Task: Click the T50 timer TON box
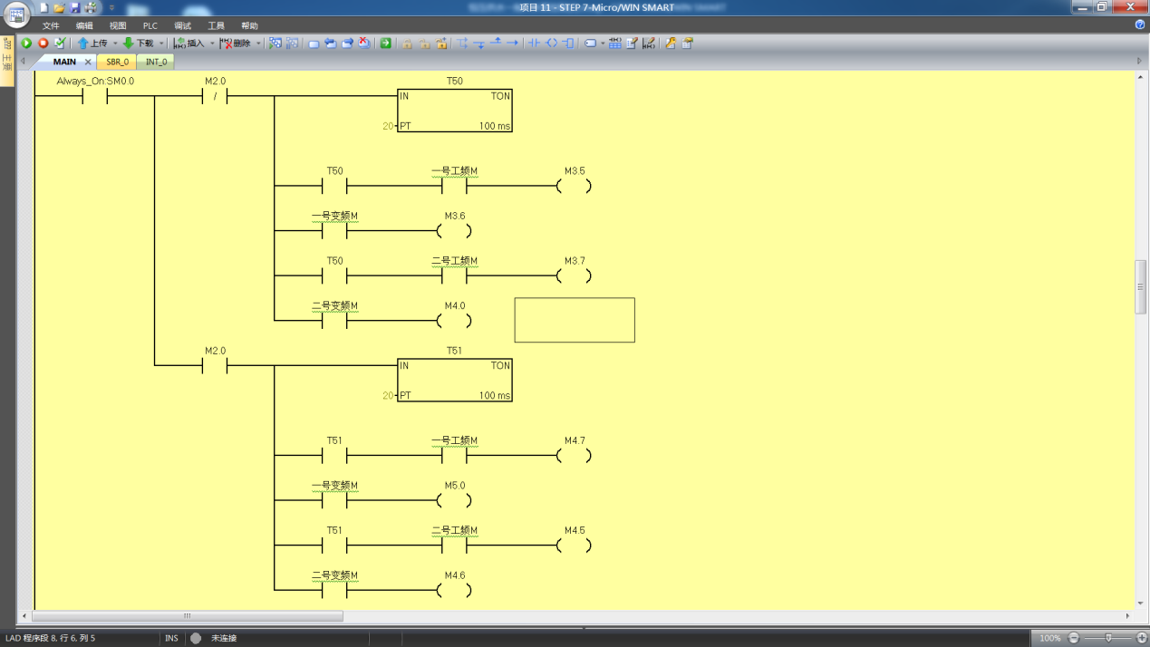(x=454, y=111)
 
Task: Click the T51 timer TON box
(x=454, y=381)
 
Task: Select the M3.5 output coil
(x=574, y=187)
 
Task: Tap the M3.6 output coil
(x=454, y=231)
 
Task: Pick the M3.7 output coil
(x=574, y=276)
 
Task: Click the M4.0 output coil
(x=454, y=321)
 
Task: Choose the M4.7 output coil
(x=574, y=456)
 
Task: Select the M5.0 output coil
(x=454, y=501)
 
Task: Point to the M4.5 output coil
(x=574, y=546)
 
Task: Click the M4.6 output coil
(x=454, y=591)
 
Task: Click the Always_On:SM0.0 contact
(x=95, y=96)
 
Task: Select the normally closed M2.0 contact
(x=215, y=96)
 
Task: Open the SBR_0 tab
(x=118, y=62)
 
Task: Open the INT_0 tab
(x=157, y=62)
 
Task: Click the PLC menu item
(x=150, y=25)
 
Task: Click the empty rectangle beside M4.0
(x=575, y=320)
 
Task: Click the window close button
(x=1130, y=7)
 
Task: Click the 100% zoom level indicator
(x=1049, y=638)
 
